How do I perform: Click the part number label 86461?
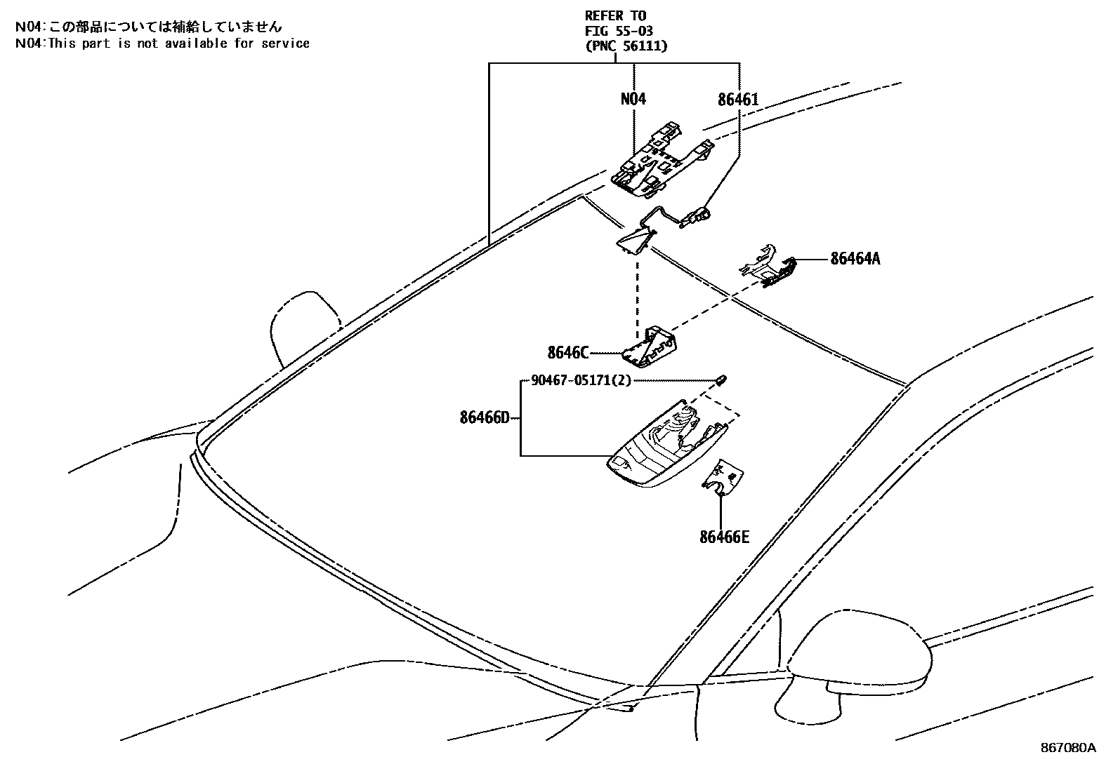click(737, 100)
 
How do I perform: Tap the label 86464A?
click(855, 259)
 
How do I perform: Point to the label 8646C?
click(568, 352)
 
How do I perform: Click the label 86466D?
click(484, 418)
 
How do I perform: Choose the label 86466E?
click(724, 537)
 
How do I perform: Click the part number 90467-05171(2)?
click(581, 380)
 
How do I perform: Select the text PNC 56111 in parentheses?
click(626, 46)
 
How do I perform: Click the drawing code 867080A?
click(1067, 748)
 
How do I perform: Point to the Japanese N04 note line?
click(149, 27)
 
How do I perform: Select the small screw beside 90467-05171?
click(721, 380)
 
